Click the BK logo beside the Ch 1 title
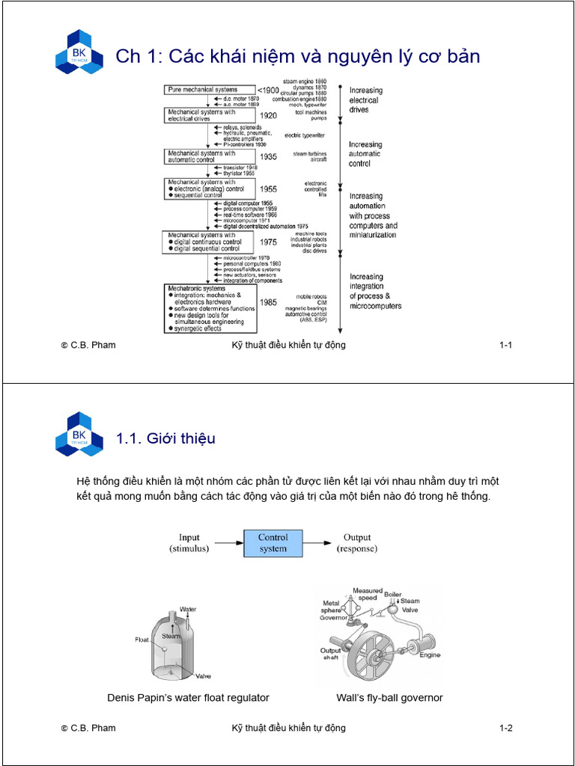point(79,52)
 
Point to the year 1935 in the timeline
point(268,157)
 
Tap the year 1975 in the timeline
point(268,242)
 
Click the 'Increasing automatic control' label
point(365,153)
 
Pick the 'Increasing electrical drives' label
point(365,99)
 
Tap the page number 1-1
point(505,345)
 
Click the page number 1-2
point(505,728)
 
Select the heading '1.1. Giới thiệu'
point(165,438)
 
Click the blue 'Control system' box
point(273,543)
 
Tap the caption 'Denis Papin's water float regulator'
point(188,698)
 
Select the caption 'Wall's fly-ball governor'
point(389,698)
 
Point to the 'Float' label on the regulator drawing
point(142,640)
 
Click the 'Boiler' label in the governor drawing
point(392,594)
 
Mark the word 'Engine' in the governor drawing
point(430,655)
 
